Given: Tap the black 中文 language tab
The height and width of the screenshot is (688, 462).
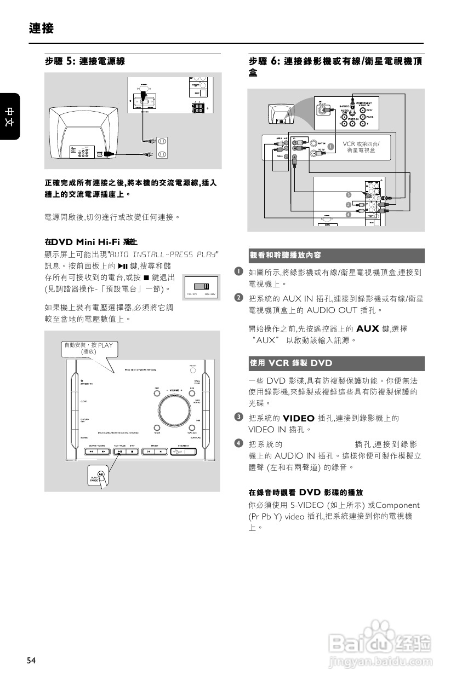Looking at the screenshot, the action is click(x=10, y=117).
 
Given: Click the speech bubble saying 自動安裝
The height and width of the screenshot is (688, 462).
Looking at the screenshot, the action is click(x=88, y=349).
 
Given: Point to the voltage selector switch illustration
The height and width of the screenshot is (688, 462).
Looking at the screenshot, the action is click(x=201, y=286).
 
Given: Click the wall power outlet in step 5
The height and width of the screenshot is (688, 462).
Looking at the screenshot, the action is click(x=162, y=147).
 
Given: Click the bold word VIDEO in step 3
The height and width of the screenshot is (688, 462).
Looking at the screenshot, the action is click(x=298, y=418).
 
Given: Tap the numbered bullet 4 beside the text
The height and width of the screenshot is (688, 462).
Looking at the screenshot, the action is click(x=239, y=442).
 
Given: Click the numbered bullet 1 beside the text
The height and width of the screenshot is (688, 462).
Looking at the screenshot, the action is click(x=239, y=271).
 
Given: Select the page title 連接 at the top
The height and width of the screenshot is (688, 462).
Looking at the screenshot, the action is click(x=42, y=28).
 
